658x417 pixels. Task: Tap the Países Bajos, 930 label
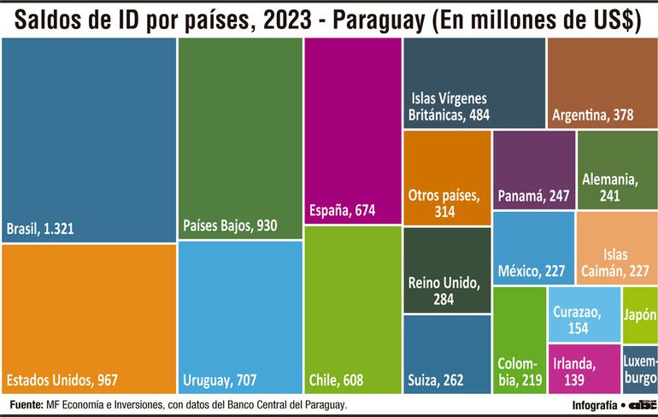[x=230, y=226]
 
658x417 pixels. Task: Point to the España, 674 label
[x=342, y=210]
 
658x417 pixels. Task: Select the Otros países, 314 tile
[x=447, y=178]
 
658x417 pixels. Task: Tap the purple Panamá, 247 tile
[x=532, y=171]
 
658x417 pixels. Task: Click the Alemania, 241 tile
[x=616, y=170]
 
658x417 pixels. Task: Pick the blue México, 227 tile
[x=532, y=248]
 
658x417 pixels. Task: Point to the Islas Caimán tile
[x=616, y=248]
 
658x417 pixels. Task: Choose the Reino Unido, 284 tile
[x=447, y=271]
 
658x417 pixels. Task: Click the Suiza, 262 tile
[x=447, y=354]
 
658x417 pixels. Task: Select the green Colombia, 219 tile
[x=520, y=341]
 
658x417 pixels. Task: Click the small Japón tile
[x=640, y=314]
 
